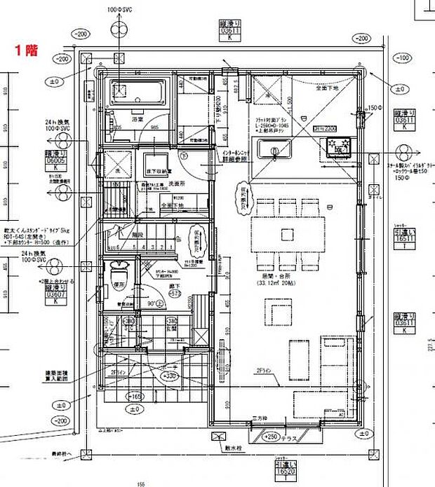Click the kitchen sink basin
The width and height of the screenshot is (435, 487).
[x=272, y=150]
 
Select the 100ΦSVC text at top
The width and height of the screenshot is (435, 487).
[x=116, y=10]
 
